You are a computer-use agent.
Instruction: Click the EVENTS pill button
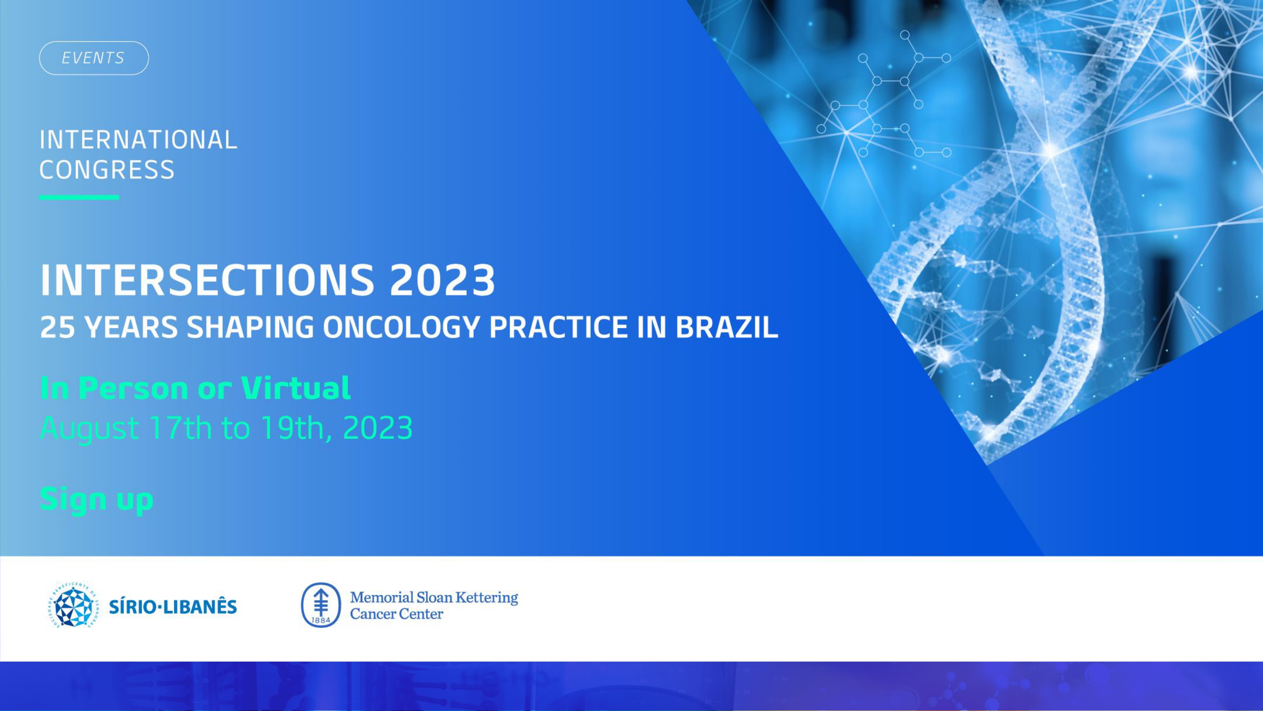click(94, 58)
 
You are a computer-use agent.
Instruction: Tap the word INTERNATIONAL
click(139, 140)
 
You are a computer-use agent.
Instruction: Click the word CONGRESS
click(107, 170)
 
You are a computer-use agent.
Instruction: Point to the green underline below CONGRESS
click(79, 197)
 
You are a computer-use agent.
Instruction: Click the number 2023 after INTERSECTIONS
click(442, 280)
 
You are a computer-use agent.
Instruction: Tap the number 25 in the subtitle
click(57, 327)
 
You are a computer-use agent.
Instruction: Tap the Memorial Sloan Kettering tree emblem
click(321, 605)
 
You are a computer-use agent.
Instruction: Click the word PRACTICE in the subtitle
click(558, 327)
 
